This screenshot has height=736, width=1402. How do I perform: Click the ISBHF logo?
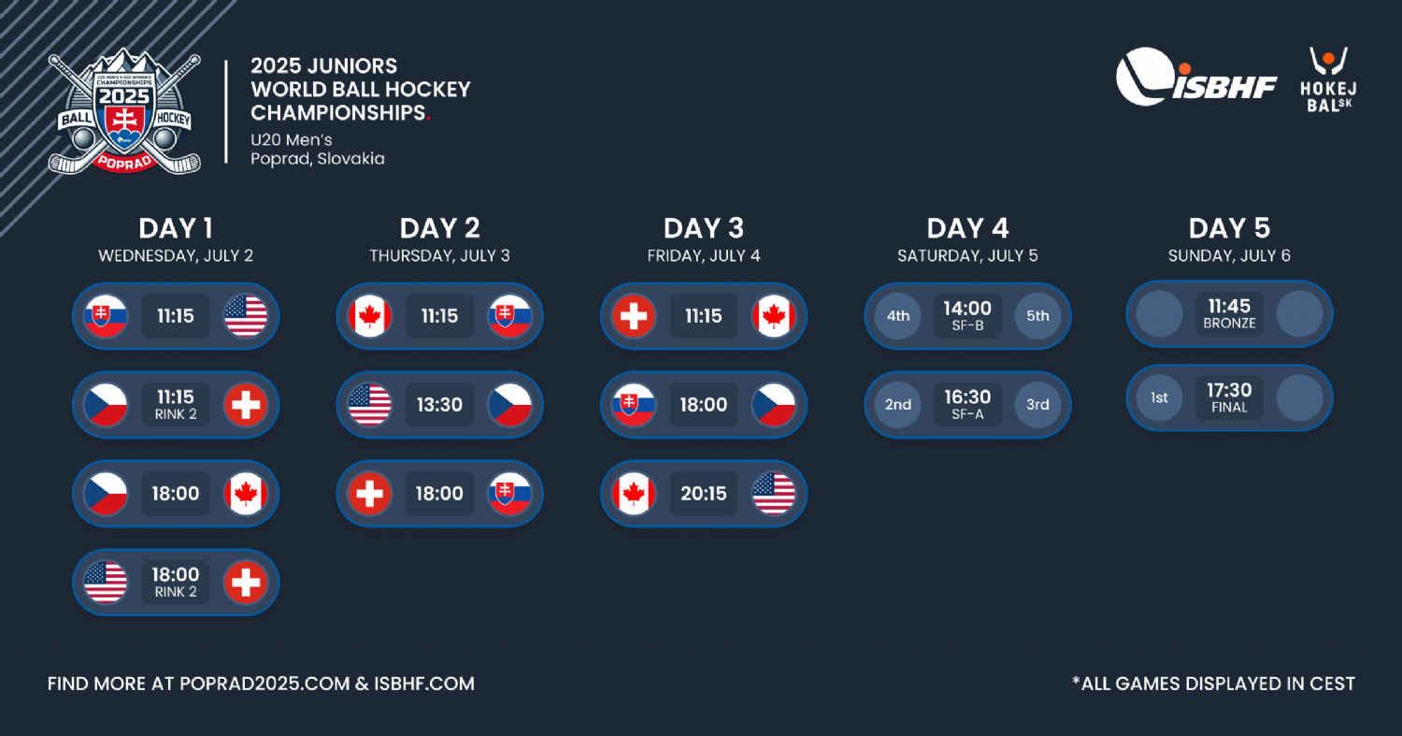tap(1195, 77)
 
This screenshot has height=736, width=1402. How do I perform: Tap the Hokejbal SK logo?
tap(1328, 80)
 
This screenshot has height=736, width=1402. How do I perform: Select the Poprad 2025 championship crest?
tap(124, 111)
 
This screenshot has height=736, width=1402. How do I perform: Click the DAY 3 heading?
tap(704, 228)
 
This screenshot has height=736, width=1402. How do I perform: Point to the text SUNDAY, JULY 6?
tap(1229, 255)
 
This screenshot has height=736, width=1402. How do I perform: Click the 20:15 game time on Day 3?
tap(704, 494)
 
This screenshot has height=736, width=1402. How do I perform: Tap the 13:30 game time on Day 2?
tap(439, 405)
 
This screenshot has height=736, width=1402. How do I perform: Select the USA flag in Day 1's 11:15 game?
tap(245, 316)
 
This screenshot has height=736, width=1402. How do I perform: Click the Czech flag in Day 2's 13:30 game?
tap(509, 405)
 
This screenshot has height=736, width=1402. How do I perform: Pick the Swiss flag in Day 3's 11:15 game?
tap(634, 316)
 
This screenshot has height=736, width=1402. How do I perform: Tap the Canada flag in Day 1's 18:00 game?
tap(245, 494)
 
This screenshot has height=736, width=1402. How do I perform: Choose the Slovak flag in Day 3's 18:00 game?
tap(634, 405)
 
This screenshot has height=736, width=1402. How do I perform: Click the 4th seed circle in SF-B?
tap(897, 316)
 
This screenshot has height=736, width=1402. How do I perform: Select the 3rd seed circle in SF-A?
tap(1037, 405)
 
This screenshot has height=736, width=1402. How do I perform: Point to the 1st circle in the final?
tap(1159, 397)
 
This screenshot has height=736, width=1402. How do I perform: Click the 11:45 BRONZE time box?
tap(1229, 314)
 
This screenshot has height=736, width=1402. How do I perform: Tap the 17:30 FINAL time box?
tap(1229, 397)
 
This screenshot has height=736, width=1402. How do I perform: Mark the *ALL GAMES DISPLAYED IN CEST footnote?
tap(1213, 684)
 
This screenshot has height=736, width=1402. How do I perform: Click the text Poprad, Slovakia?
tap(318, 158)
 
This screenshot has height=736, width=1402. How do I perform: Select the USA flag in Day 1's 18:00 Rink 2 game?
tap(105, 583)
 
